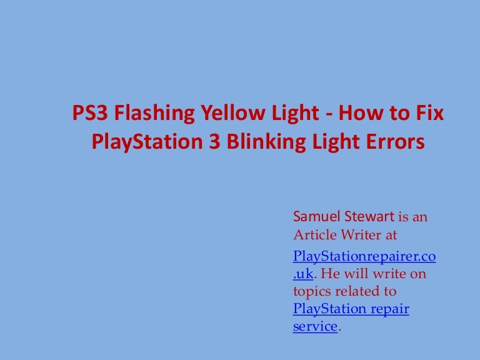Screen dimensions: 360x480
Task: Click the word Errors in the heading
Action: (394, 142)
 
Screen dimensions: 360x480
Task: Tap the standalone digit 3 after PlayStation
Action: (211, 142)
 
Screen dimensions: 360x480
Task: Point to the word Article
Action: (313, 236)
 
